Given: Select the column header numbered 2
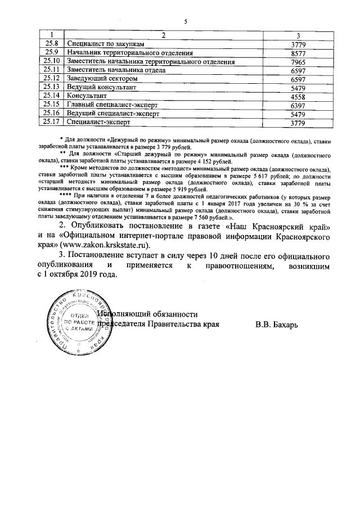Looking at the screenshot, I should coord(164,35).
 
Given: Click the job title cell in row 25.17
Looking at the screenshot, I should coord(98,122).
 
